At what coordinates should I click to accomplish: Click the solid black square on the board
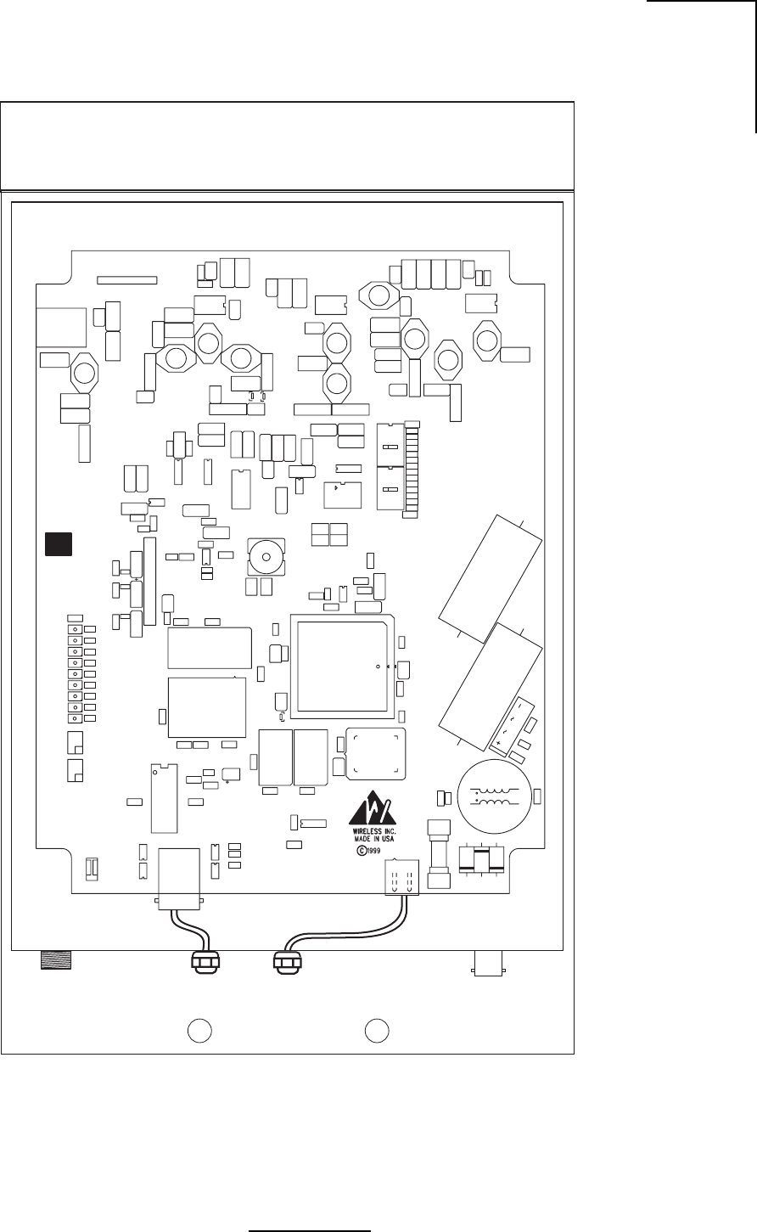(59, 544)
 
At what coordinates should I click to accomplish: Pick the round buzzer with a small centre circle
(266, 557)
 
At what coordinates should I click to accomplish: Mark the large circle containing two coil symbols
(495, 795)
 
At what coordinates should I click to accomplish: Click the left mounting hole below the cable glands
(199, 1029)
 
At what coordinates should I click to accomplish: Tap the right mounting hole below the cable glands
(377, 1029)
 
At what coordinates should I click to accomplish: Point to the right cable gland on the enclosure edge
(285, 962)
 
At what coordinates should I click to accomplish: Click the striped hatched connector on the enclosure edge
(56, 959)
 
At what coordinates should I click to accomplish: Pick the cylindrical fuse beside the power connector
(438, 850)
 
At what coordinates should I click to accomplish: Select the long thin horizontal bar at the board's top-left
(127, 278)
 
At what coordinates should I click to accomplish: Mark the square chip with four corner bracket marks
(376, 753)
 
